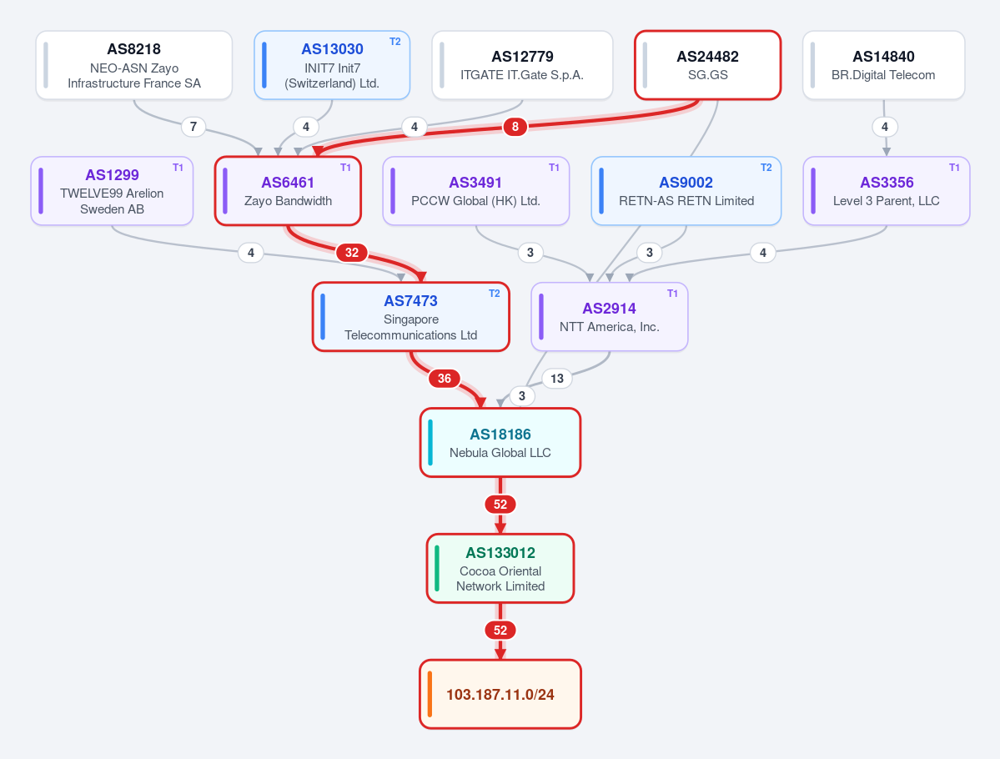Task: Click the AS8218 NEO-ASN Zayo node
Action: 134,65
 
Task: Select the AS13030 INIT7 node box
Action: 332,65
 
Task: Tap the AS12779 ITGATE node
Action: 522,65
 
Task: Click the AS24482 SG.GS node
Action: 708,65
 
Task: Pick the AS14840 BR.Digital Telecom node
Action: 883,65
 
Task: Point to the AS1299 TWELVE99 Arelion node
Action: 112,191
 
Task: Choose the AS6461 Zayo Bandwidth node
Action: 288,191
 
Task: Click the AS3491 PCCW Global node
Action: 475,191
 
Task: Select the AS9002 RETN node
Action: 686,191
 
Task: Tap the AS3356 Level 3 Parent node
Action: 887,191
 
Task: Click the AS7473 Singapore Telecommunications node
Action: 410,316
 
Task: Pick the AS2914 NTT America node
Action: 610,316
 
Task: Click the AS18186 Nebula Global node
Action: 500,442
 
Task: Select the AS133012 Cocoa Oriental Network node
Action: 500,568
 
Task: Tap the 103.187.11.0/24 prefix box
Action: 500,694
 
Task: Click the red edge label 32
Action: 351,253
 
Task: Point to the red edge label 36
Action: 445,378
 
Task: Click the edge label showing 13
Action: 557,378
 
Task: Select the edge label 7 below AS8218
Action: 193,126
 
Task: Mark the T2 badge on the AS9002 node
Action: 766,167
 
